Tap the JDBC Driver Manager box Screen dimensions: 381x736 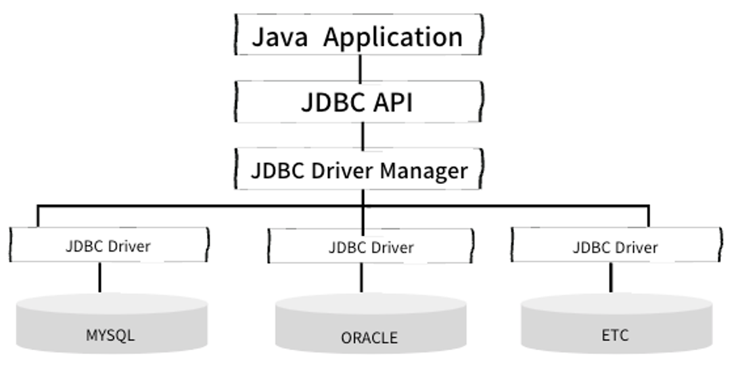point(358,170)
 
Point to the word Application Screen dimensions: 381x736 point(394,37)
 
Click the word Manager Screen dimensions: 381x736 point(424,171)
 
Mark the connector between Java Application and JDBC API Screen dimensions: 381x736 point(360,68)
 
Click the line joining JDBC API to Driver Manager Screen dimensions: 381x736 point(362,135)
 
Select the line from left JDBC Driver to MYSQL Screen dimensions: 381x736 point(99,277)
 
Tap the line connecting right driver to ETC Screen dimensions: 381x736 point(610,278)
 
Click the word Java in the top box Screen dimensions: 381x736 point(280,37)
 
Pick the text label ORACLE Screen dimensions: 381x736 point(369,338)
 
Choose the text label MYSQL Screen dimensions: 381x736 point(110,335)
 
